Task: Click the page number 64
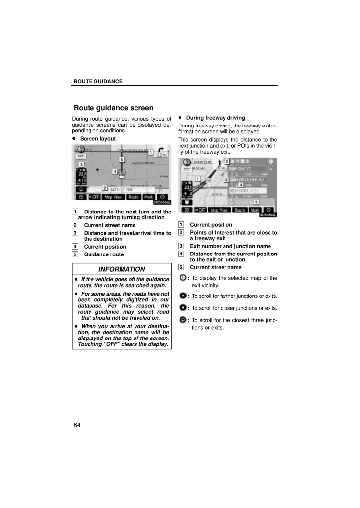point(77,425)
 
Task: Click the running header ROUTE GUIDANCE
point(98,81)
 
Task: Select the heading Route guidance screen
point(113,108)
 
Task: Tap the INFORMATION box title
point(122,269)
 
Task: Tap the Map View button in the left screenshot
point(113,197)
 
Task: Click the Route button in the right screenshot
point(240,210)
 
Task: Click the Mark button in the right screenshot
point(255,210)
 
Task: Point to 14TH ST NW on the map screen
point(121,189)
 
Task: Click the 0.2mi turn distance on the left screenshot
point(162,155)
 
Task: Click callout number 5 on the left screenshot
point(121,160)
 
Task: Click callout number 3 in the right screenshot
point(226,180)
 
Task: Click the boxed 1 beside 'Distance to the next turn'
point(74,212)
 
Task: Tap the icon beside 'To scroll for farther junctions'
point(183,296)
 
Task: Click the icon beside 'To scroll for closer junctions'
point(183,308)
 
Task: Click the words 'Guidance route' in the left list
point(104,254)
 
